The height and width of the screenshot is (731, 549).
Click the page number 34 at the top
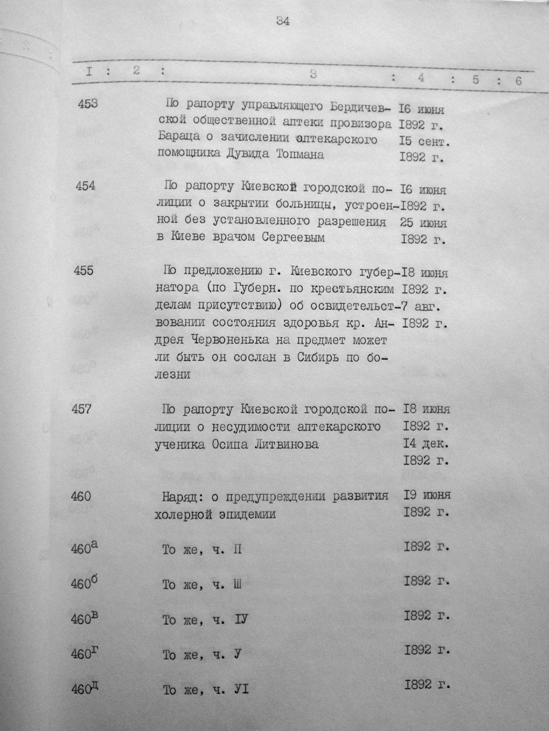click(283, 22)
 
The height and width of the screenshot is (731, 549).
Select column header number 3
click(313, 75)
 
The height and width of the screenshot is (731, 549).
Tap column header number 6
click(518, 81)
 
